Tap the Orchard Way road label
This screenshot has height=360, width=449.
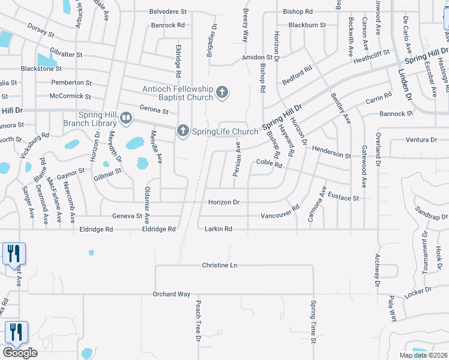(172, 294)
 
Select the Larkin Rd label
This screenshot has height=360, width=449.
(218, 229)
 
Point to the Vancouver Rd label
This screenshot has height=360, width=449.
(280, 215)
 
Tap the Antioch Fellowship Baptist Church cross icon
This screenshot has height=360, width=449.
(222, 92)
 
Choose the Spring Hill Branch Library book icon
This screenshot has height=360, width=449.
(125, 118)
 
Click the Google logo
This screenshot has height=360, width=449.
(20, 352)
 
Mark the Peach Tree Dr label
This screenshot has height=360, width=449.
(197, 321)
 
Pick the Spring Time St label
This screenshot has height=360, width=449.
(313, 322)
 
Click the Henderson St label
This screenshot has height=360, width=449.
(331, 155)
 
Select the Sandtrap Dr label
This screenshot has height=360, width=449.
(431, 215)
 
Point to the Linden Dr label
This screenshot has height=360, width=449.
(406, 82)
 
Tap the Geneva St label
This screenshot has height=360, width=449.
(127, 216)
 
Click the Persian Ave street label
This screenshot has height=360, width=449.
(237, 159)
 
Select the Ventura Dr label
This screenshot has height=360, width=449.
(421, 140)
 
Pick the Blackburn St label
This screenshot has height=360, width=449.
(307, 25)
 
